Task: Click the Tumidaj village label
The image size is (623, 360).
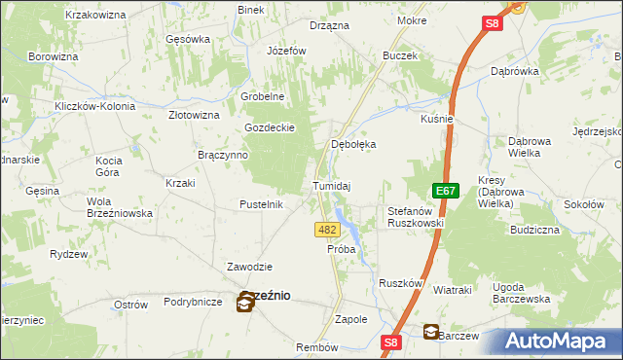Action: pos(331,185)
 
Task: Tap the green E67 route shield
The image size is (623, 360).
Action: pos(446,192)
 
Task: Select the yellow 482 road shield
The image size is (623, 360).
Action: pos(327,230)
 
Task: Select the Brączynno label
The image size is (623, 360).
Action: pos(223,155)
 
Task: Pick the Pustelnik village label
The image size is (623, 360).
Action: pos(261,204)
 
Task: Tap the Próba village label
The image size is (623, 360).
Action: pos(341,249)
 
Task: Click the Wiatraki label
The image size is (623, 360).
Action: pos(452,290)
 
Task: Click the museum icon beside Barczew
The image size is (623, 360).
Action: pos(430,332)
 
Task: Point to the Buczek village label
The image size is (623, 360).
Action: pos(400,55)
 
